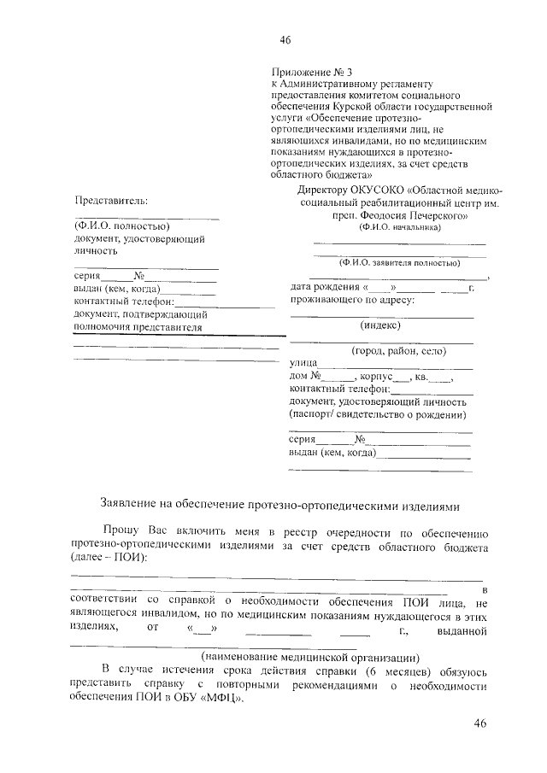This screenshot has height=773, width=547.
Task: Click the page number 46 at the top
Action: point(285,40)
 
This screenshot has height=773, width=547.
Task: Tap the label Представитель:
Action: point(110,201)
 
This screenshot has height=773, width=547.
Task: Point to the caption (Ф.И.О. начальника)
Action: point(400,228)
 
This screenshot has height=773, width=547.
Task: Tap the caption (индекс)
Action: point(382,325)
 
